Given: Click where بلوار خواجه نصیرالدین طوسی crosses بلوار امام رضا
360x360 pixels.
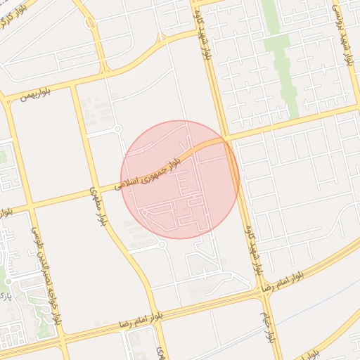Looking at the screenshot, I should tap(62, 333).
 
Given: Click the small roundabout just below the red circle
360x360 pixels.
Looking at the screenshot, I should tap(162, 245).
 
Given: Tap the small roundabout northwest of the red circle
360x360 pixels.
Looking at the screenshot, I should tap(118, 129).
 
